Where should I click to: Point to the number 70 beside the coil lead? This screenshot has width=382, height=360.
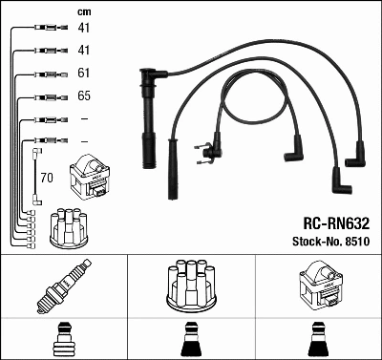click(x=47, y=178)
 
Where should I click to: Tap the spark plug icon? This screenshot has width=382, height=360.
click(x=64, y=287)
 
